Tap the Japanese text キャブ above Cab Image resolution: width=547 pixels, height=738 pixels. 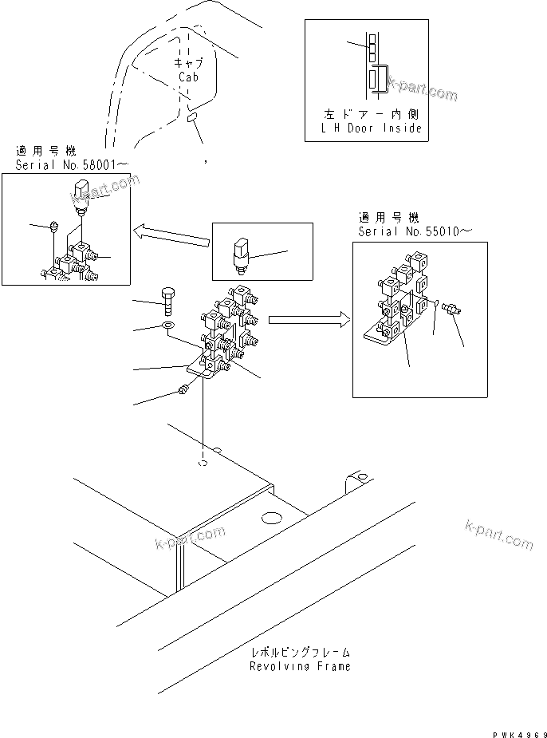point(189,64)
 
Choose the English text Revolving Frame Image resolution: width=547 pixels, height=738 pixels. point(299,665)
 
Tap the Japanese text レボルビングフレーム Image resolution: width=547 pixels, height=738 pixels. point(299,652)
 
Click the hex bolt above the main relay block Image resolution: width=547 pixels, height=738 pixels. point(170,300)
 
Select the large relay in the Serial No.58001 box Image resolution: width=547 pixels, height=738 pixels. point(81,196)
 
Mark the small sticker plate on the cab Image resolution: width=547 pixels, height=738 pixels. point(192,118)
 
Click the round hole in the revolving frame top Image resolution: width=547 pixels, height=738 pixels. point(270,518)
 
